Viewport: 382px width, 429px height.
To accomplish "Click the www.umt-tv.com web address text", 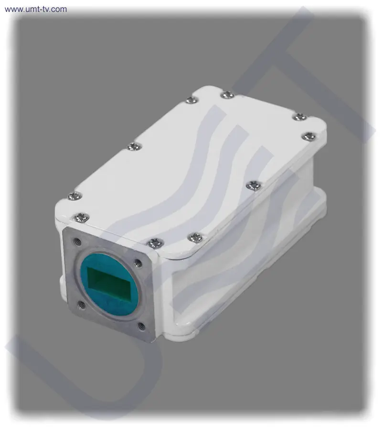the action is (36, 9).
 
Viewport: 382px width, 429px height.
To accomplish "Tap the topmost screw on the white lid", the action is (227, 95).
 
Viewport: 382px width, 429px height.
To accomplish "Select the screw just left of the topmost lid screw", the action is (192, 100).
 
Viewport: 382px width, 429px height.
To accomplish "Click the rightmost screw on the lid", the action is (309, 136).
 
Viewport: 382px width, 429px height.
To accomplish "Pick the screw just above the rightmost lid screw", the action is (300, 117).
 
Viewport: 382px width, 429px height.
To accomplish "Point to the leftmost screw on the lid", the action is (75, 195).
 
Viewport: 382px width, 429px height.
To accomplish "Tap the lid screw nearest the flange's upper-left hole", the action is (82, 217).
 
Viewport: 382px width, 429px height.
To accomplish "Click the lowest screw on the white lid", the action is (155, 243).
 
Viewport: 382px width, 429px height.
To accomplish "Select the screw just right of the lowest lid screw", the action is (196, 237).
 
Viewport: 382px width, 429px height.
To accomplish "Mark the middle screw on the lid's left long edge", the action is (135, 147).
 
